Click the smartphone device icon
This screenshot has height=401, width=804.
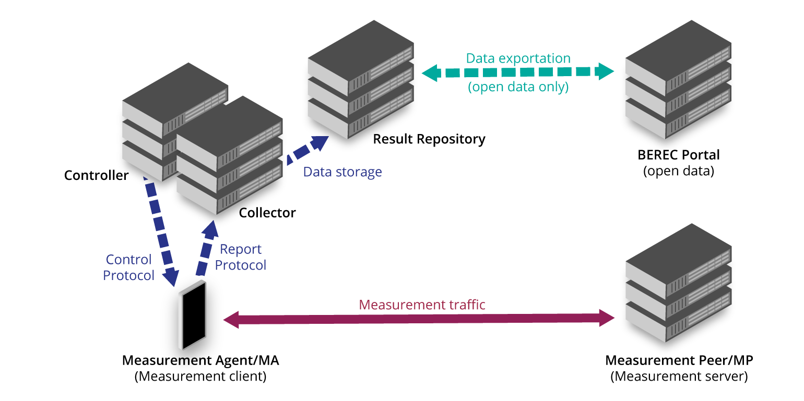tap(192, 315)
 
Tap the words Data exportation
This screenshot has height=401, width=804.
tap(518, 58)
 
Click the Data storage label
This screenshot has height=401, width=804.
tap(342, 172)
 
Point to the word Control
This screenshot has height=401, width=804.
tap(128, 260)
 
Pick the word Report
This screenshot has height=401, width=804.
tap(241, 249)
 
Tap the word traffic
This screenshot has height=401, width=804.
tap(468, 305)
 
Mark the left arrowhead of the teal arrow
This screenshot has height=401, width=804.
tap(429, 72)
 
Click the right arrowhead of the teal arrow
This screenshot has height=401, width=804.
tap(607, 71)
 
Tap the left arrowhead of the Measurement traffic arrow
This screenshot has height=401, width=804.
tap(231, 320)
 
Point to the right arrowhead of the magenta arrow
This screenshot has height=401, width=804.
tap(607, 318)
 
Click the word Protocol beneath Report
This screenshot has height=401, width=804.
tap(241, 265)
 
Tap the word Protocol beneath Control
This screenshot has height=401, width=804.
tap(128, 275)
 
